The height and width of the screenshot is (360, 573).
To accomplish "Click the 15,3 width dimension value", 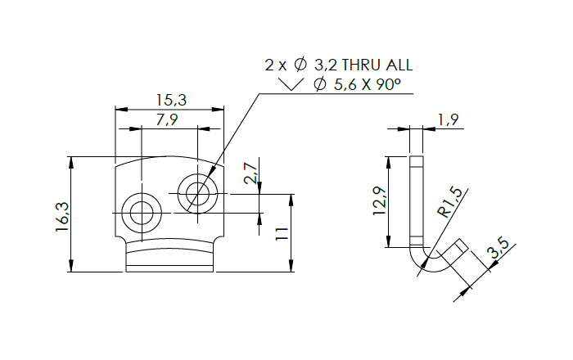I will tap(170, 100).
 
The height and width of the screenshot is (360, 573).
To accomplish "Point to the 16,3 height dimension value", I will tap(61, 218).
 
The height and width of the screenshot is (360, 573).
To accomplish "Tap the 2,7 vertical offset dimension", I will tap(250, 173).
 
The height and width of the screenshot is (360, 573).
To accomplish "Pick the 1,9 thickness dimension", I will tap(449, 120).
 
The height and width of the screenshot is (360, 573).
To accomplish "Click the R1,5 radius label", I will tap(450, 201).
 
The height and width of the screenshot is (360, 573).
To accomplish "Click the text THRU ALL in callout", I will tap(377, 65).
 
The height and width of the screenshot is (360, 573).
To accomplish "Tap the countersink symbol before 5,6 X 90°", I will tap(291, 84).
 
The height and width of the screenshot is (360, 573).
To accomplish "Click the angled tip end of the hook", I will tap(461, 245).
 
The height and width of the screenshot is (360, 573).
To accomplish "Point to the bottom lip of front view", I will tap(169, 261).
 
